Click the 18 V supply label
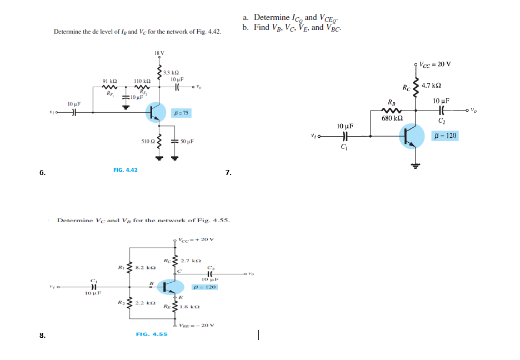(159, 53)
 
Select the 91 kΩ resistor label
(109, 81)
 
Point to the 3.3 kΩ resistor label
(171, 73)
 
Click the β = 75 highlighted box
(182, 113)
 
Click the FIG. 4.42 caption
(125, 169)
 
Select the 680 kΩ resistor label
(392, 118)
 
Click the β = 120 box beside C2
(445, 136)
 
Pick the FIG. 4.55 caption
(152, 334)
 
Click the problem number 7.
(228, 173)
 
